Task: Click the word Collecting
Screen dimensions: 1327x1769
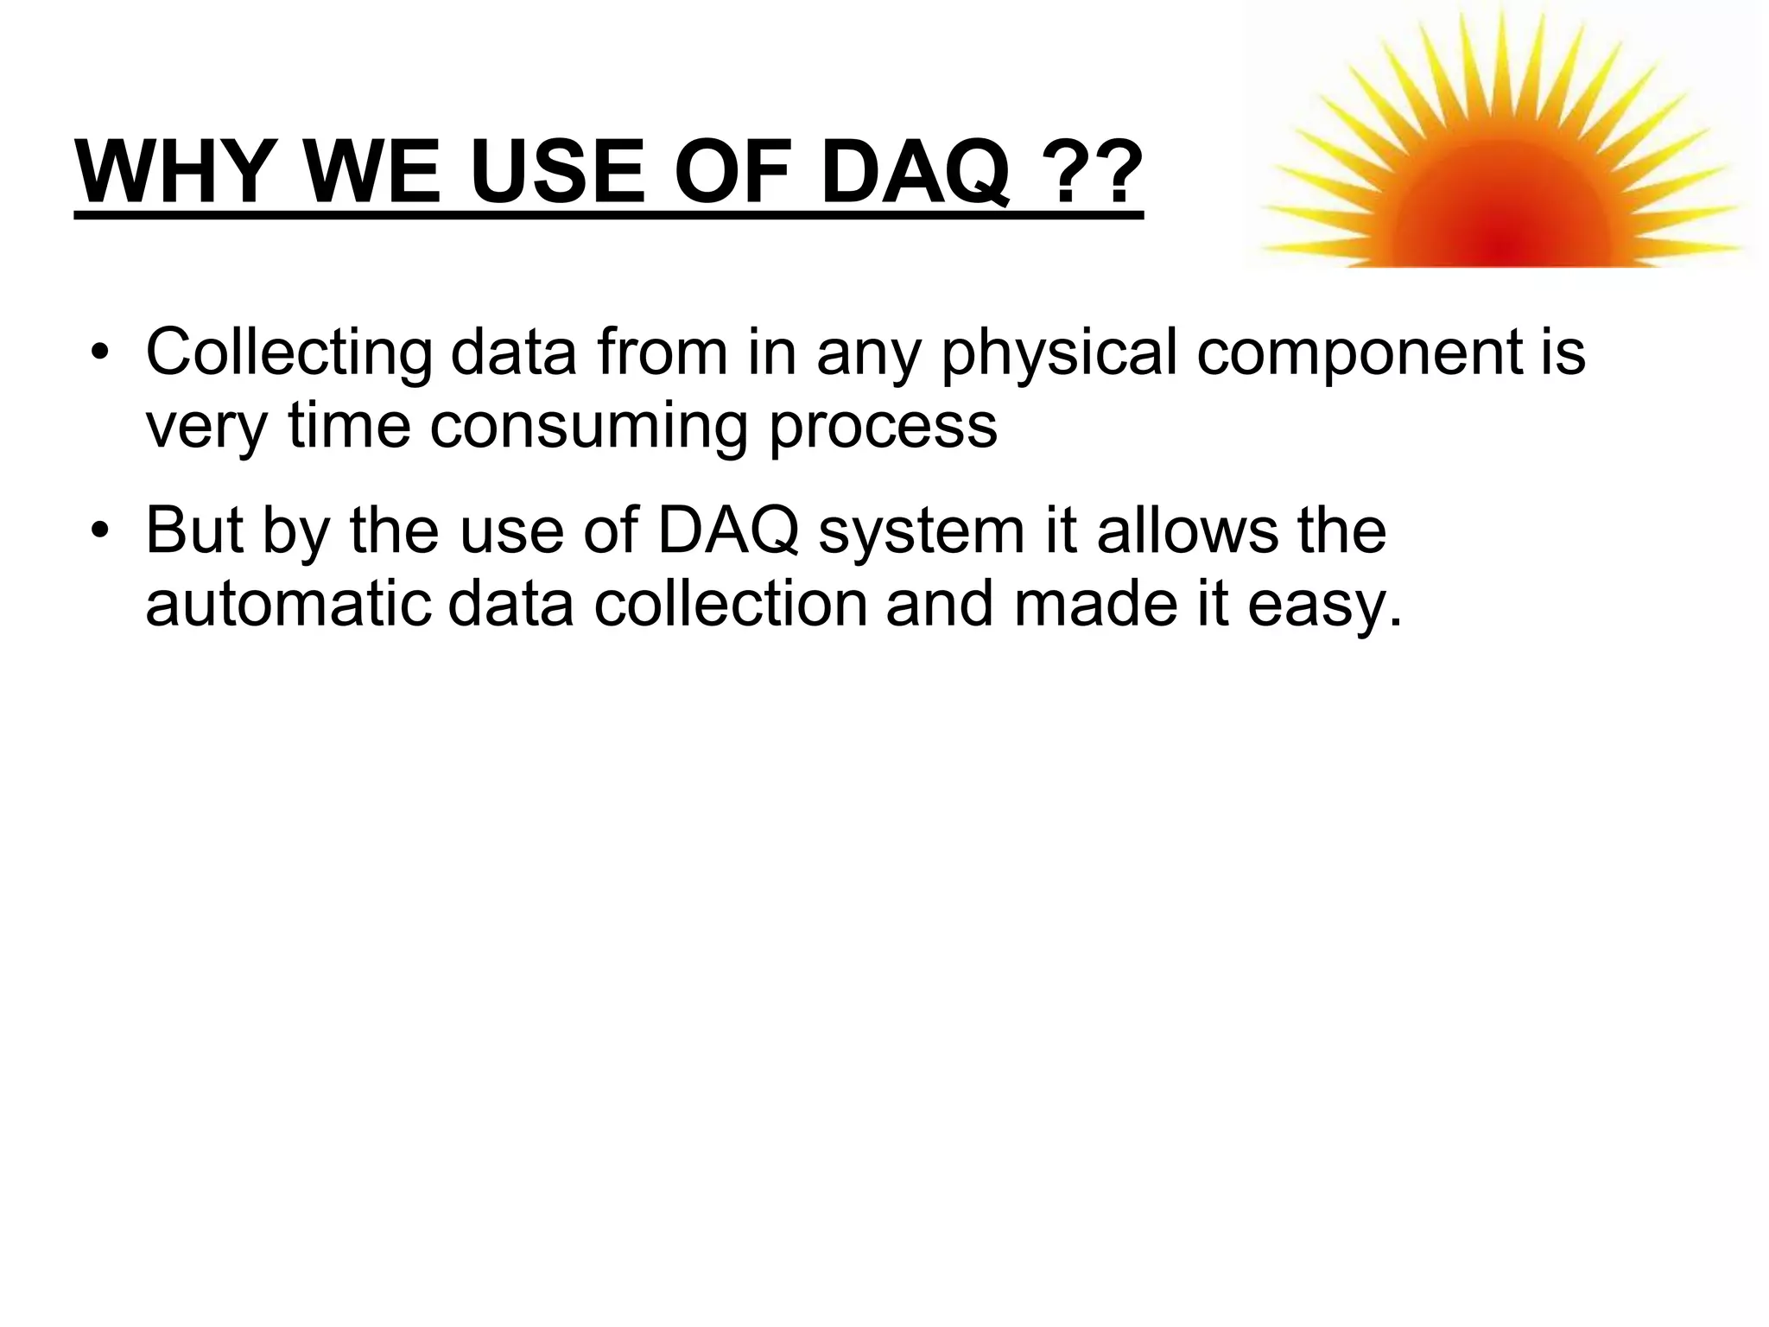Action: click(x=288, y=354)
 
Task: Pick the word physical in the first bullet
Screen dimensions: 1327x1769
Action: click(x=1059, y=354)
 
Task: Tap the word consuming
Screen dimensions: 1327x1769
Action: click(x=588, y=426)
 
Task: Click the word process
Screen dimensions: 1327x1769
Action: click(x=883, y=426)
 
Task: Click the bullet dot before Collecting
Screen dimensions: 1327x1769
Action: click(x=102, y=354)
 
